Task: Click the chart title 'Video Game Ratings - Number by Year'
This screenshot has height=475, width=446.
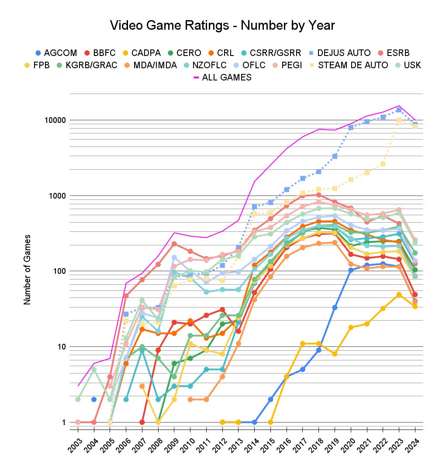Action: pyautogui.click(x=223, y=25)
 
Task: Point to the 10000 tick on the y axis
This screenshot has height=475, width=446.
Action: pyautogui.click(x=53, y=120)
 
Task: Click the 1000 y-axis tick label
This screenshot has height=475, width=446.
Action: pyautogui.click(x=55, y=196)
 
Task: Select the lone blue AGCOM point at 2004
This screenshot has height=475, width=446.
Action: pyautogui.click(x=94, y=399)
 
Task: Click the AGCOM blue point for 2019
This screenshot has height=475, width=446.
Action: pyautogui.click(x=335, y=307)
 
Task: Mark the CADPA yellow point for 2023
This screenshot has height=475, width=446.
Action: pyautogui.click(x=399, y=295)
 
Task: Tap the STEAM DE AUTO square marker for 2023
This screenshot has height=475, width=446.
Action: pyautogui.click(x=399, y=119)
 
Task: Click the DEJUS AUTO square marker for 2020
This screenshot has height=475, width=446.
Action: pyautogui.click(x=351, y=127)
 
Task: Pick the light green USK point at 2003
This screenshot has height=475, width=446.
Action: pyautogui.click(x=78, y=399)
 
